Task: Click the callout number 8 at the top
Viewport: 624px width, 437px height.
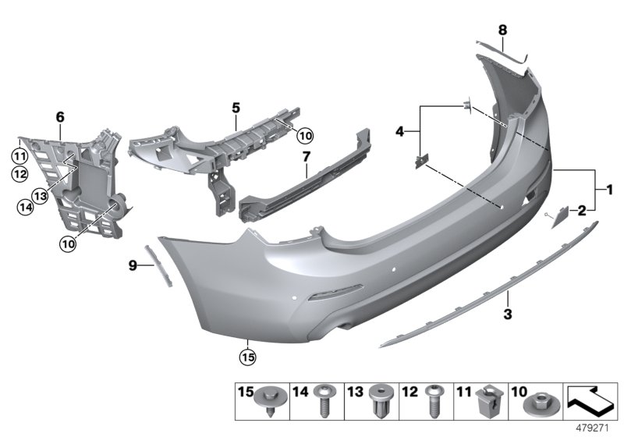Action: (502, 30)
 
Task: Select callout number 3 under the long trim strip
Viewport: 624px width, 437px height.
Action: (507, 314)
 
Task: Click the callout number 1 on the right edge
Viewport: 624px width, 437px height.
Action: (609, 188)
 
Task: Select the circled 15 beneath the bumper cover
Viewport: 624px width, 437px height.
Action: (247, 357)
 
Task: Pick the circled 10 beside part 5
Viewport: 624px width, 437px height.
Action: (304, 136)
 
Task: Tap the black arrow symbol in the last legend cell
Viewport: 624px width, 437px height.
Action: (590, 402)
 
